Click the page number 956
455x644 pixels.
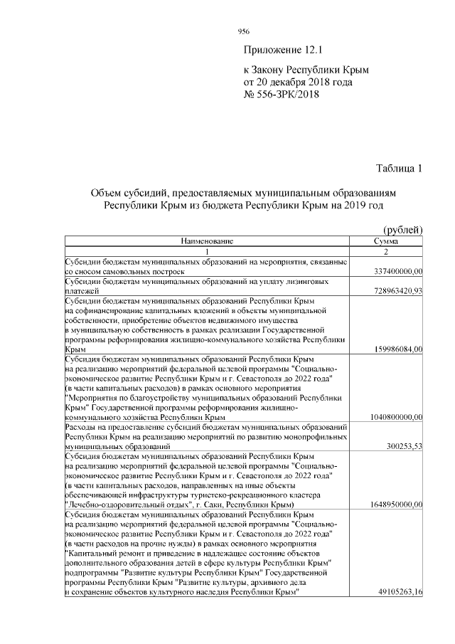[243, 31]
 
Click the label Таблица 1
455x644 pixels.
[399, 169]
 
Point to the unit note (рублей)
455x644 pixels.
[403, 229]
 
